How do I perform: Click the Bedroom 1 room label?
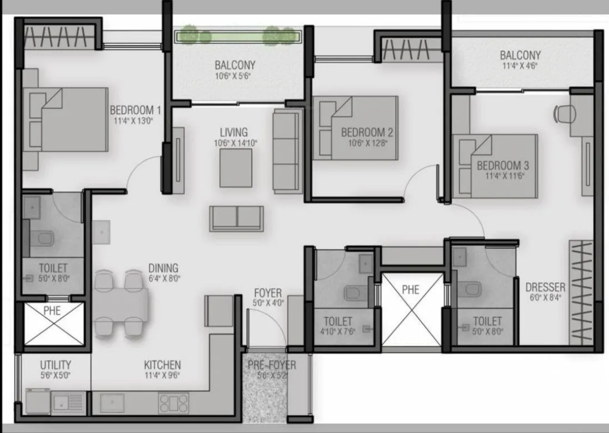[x=136, y=109]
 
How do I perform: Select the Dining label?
[x=163, y=267]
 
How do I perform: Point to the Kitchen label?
[x=162, y=365]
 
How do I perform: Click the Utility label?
[x=55, y=365]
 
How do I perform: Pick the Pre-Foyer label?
[x=272, y=366]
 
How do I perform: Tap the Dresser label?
[x=545, y=288]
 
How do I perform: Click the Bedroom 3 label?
[x=502, y=165]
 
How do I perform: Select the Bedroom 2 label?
[x=367, y=132]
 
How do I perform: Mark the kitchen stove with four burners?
[x=173, y=402]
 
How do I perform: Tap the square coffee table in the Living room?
[x=236, y=168]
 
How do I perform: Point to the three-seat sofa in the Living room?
[x=287, y=150]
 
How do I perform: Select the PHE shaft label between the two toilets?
[x=411, y=289]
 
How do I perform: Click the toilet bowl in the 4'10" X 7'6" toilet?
[x=353, y=292]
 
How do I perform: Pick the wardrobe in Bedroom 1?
[x=58, y=37]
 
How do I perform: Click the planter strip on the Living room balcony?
[x=238, y=36]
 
